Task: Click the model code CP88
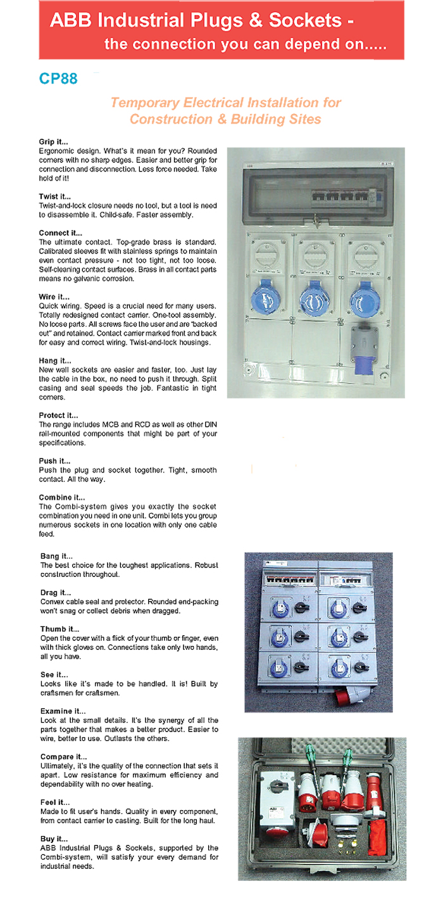point(58,79)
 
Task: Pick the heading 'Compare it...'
point(63,757)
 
